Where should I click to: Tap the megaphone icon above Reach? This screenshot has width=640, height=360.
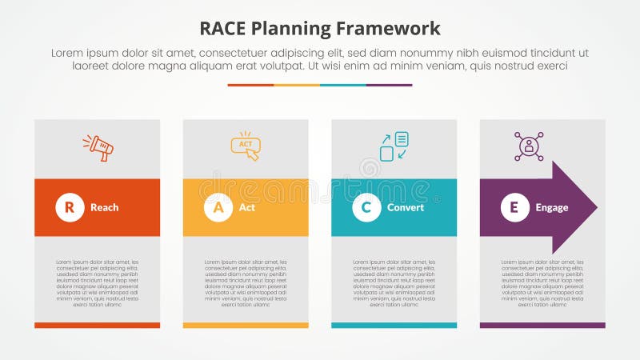pos(98,147)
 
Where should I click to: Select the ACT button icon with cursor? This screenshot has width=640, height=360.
pos(246,146)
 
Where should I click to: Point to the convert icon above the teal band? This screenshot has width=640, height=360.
pos(394,146)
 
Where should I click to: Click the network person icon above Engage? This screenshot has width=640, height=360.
pos(529,146)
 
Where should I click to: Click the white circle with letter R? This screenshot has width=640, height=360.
pos(70,207)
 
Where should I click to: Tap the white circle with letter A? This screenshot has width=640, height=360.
pos(218,207)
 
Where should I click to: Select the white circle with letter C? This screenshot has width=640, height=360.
pos(366,207)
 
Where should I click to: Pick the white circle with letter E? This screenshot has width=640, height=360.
pos(514,207)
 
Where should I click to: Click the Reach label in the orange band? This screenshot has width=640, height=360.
pos(104,207)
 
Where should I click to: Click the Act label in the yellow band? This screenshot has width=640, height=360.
pos(247,207)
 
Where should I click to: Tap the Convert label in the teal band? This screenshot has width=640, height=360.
pos(405,207)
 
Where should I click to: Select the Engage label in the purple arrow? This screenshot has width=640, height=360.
pos(552,207)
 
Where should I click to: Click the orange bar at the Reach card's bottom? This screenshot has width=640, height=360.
pos(97,325)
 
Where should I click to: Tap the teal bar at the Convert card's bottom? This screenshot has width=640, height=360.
pos(394,325)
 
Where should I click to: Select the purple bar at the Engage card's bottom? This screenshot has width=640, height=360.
pos(542,325)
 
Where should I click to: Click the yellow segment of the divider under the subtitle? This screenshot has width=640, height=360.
pos(297,85)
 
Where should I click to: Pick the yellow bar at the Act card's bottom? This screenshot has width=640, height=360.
pos(246,325)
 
